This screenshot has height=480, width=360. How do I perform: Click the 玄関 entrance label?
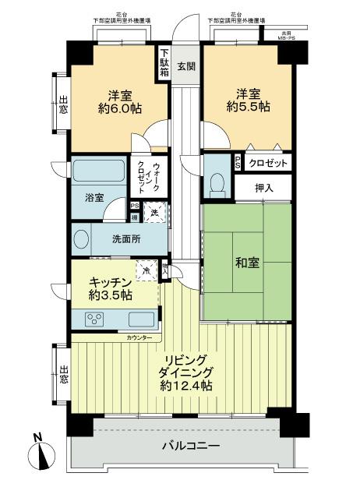[185, 65]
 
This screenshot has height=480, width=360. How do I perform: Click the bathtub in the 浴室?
[99, 171]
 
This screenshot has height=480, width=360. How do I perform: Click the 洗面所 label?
[125, 239]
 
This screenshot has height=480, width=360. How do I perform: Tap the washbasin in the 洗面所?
[80, 239]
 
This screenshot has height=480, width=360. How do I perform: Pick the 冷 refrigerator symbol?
[148, 270]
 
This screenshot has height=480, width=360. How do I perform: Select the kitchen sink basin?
[140, 319]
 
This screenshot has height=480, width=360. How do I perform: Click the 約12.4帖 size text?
[187, 385]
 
